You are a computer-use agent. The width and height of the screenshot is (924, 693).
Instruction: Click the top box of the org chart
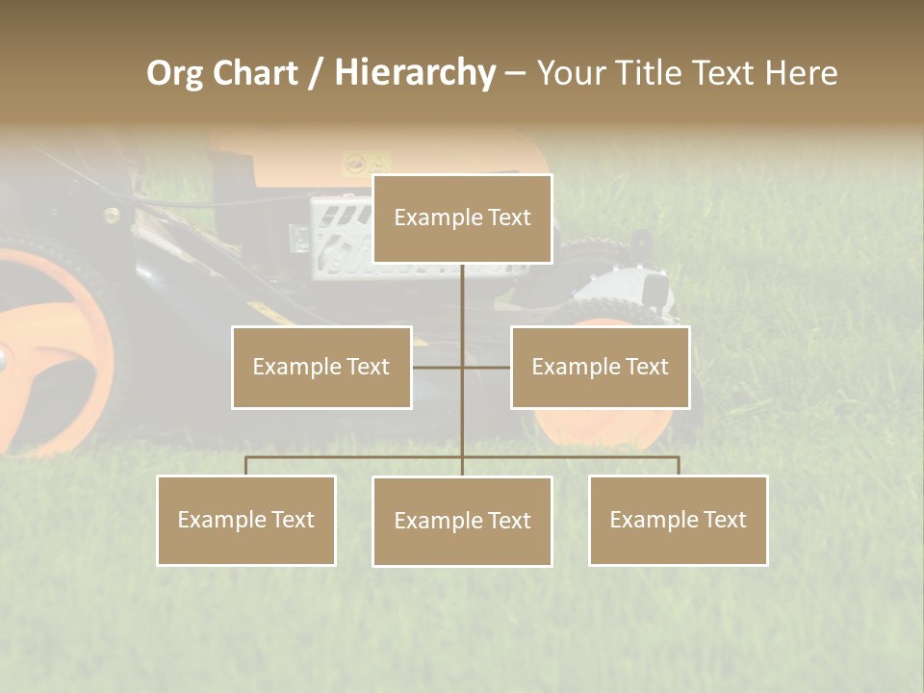coord(462,218)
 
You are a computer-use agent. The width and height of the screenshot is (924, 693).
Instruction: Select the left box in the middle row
coord(321,367)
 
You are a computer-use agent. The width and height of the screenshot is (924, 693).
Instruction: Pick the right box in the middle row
coord(600,367)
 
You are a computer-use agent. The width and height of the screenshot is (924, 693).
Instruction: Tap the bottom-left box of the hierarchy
coord(246,520)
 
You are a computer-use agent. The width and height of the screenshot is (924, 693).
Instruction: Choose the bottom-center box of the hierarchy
coord(462,521)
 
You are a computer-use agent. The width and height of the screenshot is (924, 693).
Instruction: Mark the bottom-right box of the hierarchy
coord(678,520)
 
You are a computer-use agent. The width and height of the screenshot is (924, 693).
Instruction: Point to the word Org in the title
coord(174,73)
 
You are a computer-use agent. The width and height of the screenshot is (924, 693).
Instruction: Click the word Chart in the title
coord(253,73)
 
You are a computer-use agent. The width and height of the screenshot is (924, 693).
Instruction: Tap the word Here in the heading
coord(801,73)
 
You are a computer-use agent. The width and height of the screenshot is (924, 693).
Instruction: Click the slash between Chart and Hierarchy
coord(316,74)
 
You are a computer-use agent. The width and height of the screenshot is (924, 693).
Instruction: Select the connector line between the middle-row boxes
coord(461,367)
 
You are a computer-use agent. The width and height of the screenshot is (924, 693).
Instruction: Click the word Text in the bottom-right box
coord(724,520)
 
